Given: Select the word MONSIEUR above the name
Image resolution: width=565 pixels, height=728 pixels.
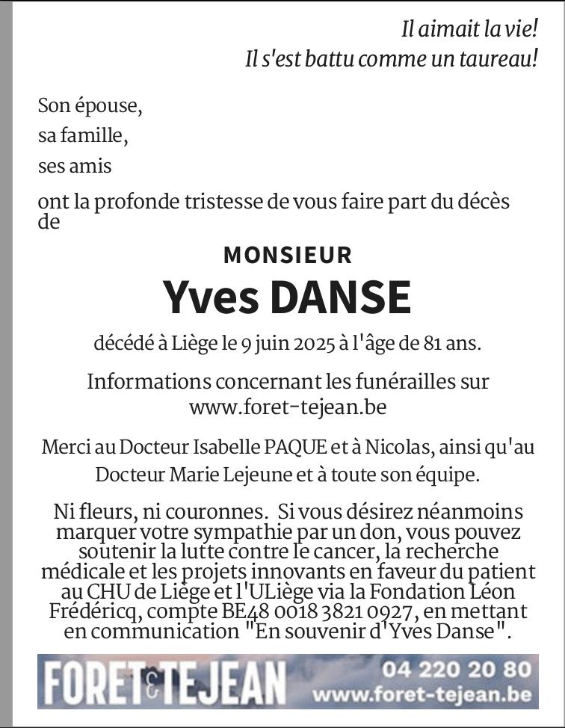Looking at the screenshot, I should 288,255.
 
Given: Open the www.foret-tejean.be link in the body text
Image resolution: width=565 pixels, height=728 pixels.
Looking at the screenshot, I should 288,407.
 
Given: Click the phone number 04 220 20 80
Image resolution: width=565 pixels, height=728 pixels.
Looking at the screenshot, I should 457,669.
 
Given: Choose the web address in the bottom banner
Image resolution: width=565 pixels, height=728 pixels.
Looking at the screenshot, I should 424,695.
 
